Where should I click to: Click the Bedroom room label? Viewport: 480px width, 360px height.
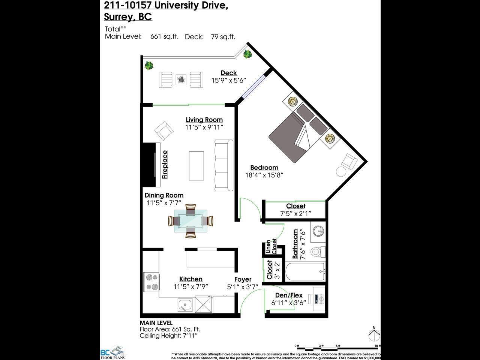[x=264, y=168]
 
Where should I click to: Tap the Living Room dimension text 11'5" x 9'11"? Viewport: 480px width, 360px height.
[x=204, y=127]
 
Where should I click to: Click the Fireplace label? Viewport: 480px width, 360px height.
[x=165, y=164]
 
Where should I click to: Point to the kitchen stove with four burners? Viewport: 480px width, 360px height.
[x=151, y=282]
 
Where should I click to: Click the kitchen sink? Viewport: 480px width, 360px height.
[x=185, y=304]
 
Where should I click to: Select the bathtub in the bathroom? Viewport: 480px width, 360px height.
[x=305, y=271]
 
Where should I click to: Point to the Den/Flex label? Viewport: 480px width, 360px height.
[x=289, y=295]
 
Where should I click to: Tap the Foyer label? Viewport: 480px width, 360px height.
[x=243, y=279]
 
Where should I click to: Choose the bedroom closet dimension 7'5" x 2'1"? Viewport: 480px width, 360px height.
[x=295, y=213]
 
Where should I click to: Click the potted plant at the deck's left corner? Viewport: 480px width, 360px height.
[x=149, y=66]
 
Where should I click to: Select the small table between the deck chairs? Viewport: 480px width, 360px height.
[x=181, y=79]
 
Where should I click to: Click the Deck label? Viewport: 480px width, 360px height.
[x=228, y=73]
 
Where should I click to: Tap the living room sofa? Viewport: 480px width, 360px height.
[x=223, y=165]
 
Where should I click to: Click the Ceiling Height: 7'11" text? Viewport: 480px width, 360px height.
[x=168, y=336]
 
